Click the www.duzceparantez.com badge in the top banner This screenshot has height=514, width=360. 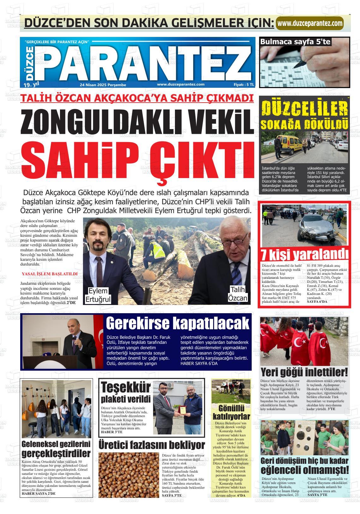tap(310, 23)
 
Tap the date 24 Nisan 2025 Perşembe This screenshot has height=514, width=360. tap(103, 85)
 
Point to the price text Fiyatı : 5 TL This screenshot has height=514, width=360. tap(243, 85)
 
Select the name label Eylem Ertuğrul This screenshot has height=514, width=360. tap(98, 295)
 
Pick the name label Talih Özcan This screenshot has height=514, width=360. tap(238, 294)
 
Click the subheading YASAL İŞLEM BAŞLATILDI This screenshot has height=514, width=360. tap(50, 274)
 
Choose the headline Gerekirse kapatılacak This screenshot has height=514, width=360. tap(177, 324)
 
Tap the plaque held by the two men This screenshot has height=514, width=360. tap(183, 410)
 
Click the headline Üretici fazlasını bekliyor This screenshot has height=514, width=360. tap(152, 445)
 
